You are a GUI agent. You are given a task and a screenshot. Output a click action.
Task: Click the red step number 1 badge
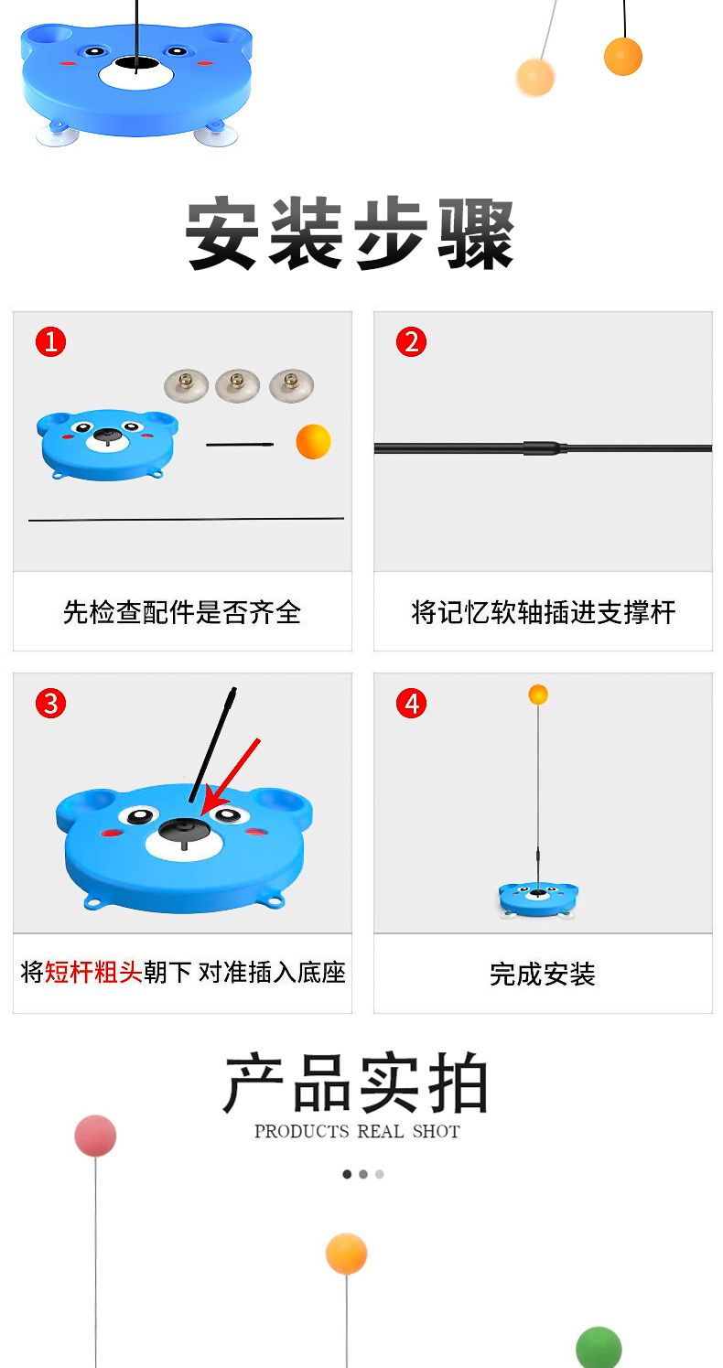[x=50, y=342]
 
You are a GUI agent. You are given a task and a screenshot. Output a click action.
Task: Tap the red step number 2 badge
[x=411, y=342]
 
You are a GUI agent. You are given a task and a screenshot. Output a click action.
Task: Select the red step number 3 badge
[x=50, y=703]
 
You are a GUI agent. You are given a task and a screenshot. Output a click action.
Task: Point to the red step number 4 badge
[x=411, y=703]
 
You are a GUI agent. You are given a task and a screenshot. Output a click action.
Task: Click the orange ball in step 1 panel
[x=313, y=441]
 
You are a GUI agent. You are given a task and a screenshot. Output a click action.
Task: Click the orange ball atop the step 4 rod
[x=538, y=695]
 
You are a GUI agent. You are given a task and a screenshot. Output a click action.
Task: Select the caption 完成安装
[x=542, y=975]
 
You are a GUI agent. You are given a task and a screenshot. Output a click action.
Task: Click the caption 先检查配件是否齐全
[x=182, y=612]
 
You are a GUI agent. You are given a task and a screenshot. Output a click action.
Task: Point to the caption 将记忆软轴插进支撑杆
[x=543, y=612]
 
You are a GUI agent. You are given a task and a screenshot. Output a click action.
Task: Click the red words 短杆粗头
[x=93, y=972]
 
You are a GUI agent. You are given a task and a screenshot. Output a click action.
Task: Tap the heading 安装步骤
[x=351, y=234]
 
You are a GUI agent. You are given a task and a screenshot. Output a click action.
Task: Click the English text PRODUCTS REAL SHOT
[x=357, y=1132]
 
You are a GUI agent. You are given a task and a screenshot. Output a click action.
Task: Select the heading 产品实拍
[x=356, y=1084]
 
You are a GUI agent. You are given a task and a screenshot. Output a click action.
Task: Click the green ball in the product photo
[x=599, y=1348]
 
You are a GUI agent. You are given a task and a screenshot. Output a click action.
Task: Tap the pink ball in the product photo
[x=95, y=1136]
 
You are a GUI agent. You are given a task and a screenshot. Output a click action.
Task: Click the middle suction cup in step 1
[x=237, y=384]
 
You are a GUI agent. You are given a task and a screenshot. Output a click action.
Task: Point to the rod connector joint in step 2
[x=545, y=448]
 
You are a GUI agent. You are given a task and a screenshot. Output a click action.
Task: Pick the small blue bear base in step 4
[x=538, y=897]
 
